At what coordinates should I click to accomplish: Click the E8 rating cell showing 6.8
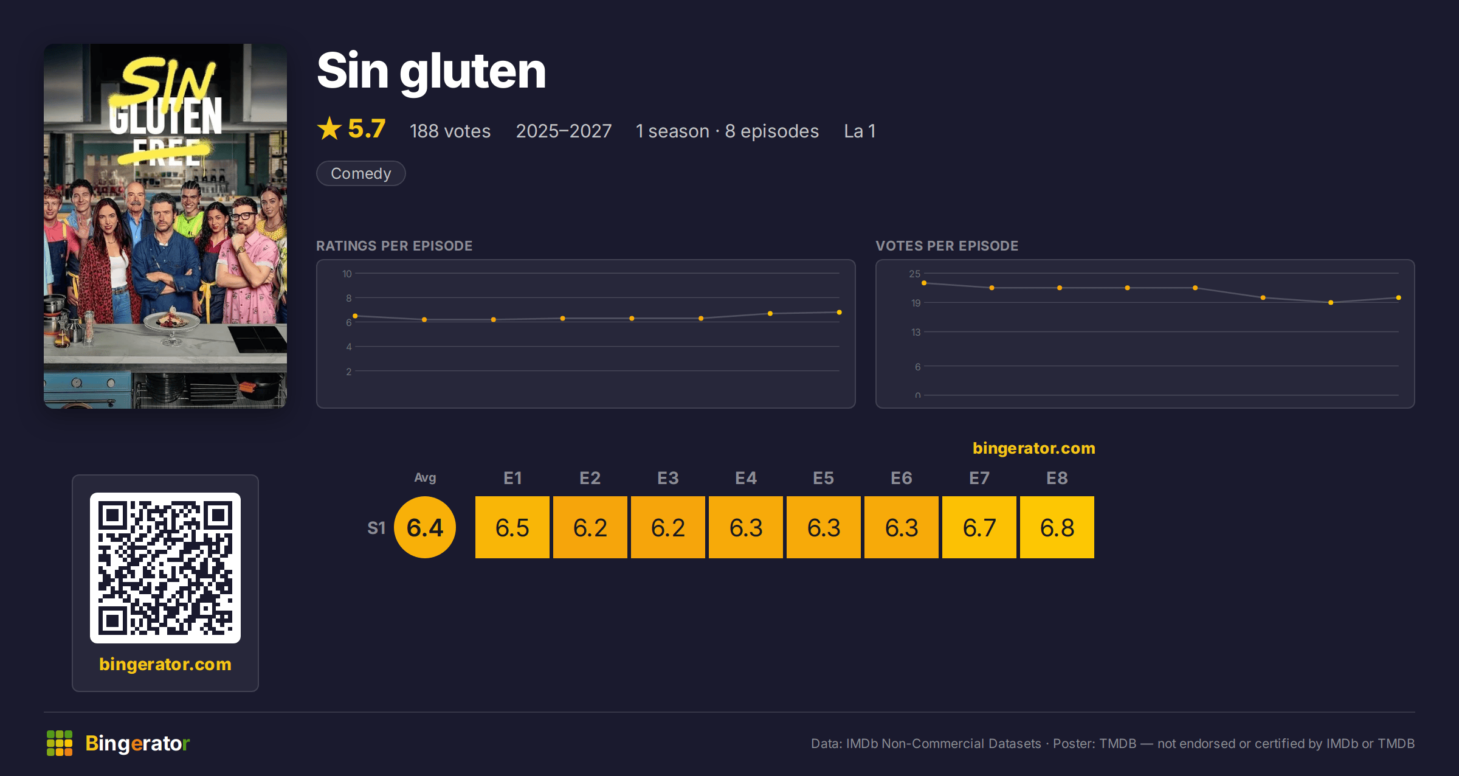point(1057,527)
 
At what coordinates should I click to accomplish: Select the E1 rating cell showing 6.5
point(512,527)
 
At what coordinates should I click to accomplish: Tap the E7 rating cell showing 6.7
point(979,527)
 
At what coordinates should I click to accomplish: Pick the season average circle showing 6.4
point(425,527)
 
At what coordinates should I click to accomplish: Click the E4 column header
point(746,478)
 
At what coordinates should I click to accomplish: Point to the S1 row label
point(376,528)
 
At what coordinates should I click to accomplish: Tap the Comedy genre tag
point(361,173)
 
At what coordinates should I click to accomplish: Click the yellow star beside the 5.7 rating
point(329,128)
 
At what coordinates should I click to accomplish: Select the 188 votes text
point(450,131)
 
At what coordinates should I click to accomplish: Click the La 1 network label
point(860,131)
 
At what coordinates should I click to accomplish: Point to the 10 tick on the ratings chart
point(347,274)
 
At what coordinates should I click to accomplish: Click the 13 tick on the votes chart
point(916,332)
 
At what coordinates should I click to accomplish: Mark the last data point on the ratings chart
point(840,312)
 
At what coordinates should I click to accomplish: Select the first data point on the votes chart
point(924,283)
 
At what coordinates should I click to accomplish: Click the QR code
point(165,568)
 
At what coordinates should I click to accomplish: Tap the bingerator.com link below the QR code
point(165,664)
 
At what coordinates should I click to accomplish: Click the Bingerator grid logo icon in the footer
point(60,743)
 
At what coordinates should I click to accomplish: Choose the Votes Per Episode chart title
point(947,246)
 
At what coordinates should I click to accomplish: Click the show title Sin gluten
point(432,71)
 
